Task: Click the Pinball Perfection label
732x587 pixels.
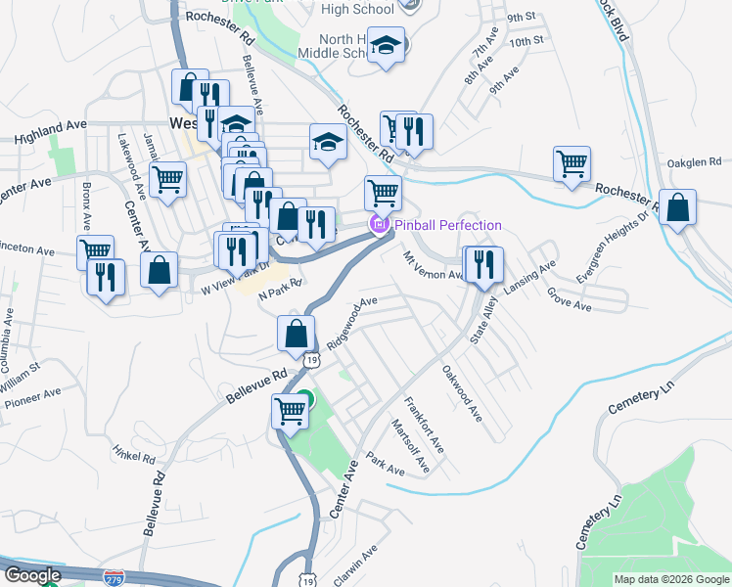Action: pyautogui.click(x=447, y=226)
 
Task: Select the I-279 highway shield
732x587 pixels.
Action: pyautogui.click(x=114, y=578)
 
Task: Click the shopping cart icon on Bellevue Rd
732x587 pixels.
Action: pyautogui.click(x=291, y=411)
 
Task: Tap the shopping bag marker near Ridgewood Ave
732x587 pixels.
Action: pyautogui.click(x=295, y=335)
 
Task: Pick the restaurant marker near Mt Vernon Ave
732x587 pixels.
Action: pyautogui.click(x=482, y=264)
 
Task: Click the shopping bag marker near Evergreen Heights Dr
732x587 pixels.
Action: pyautogui.click(x=677, y=208)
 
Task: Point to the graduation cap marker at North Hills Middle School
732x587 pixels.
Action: pyautogui.click(x=387, y=46)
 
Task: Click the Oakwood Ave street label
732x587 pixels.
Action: pyautogui.click(x=462, y=393)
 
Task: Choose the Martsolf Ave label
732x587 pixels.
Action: pyautogui.click(x=409, y=445)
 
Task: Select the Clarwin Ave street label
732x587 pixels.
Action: pyautogui.click(x=355, y=567)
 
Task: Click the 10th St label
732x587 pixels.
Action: pyautogui.click(x=526, y=41)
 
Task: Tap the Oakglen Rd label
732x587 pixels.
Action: pyautogui.click(x=693, y=161)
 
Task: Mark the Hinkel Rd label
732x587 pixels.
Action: pyautogui.click(x=134, y=455)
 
